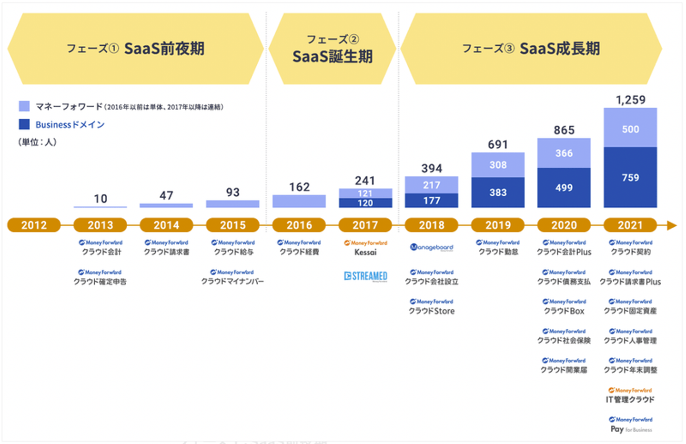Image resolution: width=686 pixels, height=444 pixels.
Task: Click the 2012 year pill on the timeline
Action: pos(34,225)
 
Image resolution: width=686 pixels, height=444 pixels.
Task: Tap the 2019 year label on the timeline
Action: pos(498,225)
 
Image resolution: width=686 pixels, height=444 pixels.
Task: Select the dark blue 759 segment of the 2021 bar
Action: pos(630,177)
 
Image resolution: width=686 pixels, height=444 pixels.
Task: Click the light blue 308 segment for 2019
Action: pos(498,165)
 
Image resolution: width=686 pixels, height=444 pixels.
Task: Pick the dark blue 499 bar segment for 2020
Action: pos(564,188)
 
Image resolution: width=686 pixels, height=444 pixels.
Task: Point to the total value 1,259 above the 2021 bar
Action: pos(630,100)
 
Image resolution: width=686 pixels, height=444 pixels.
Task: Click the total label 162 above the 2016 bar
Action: pos(299,187)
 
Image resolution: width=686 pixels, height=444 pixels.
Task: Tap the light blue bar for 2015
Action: pos(232,204)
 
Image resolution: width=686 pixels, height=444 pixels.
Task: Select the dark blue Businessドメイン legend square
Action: pos(24,124)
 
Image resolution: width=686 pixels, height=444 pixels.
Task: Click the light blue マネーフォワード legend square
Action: pos(24,106)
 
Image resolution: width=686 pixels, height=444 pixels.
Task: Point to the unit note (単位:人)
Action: pos(38,142)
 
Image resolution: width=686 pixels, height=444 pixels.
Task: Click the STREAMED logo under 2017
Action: pos(365,276)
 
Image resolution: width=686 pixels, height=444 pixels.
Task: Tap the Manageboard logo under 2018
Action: pos(432,247)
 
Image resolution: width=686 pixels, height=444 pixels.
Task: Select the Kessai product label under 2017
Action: pos(365,252)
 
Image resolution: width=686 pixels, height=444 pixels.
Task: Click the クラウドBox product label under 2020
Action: pos(564,311)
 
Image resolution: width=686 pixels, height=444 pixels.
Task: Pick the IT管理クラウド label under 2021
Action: pos(630,400)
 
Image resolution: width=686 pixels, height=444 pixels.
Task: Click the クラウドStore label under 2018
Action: pos(432,311)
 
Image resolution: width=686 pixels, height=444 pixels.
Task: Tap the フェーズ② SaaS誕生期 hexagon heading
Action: pos(332,49)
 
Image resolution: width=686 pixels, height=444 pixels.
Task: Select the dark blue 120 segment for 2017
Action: pos(365,203)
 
